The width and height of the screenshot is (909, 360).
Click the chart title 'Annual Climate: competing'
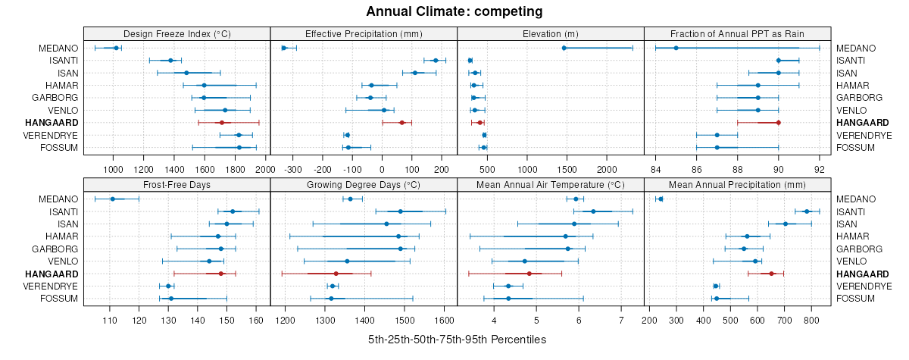click(x=454, y=11)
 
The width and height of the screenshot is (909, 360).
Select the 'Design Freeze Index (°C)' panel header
click(x=176, y=34)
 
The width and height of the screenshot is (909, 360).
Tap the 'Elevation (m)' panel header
click(x=550, y=34)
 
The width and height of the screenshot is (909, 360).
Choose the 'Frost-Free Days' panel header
click(x=176, y=184)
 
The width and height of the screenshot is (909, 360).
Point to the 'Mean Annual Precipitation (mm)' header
click(x=737, y=184)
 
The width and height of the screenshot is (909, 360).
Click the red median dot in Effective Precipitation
click(x=401, y=122)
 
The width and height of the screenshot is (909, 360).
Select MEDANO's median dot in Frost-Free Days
click(x=113, y=199)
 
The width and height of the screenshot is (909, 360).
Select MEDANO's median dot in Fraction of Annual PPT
click(x=676, y=48)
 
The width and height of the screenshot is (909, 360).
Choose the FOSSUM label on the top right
click(x=855, y=147)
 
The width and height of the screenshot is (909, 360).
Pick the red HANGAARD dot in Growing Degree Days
click(x=336, y=274)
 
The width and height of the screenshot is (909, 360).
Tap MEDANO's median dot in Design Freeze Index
click(x=116, y=48)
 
